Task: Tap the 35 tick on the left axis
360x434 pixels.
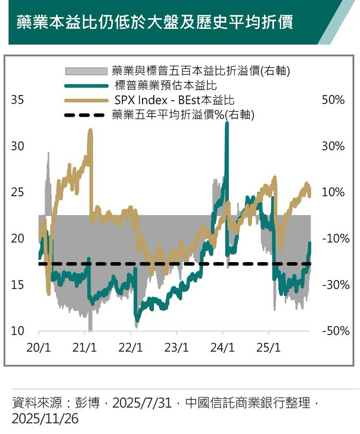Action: click(17, 100)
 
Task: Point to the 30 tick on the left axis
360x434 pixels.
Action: click(17, 146)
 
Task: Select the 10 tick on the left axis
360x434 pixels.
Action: click(17, 331)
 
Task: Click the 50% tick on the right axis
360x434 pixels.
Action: click(333, 100)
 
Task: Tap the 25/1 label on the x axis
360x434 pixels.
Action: click(269, 347)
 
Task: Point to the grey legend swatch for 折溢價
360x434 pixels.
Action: click(85, 72)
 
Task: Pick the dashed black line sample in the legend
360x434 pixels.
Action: click(85, 115)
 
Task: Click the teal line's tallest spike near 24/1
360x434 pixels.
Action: click(227, 124)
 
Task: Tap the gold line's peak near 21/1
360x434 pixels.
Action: click(90, 130)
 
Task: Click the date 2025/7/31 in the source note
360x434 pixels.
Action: click(142, 403)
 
